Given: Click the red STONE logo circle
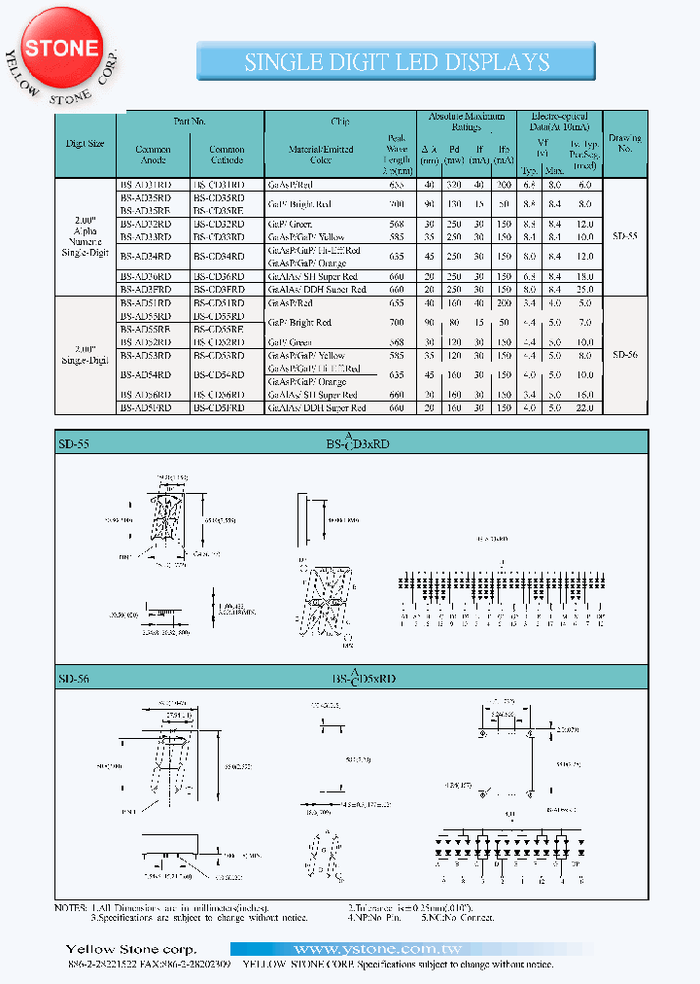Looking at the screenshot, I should [61, 48].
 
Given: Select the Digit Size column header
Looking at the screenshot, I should [85, 143].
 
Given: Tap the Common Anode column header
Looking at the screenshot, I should [153, 155].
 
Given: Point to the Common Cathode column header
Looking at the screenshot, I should [227, 155].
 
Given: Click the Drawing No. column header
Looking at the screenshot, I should [624, 144].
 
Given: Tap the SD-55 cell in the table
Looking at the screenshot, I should [624, 236].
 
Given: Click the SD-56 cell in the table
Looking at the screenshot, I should [624, 356].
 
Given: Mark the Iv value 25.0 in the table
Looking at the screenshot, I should [584, 289].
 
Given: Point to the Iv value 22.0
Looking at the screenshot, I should [584, 408].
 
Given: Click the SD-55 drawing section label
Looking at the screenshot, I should [74, 442].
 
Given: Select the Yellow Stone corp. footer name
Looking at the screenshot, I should [130, 949].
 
